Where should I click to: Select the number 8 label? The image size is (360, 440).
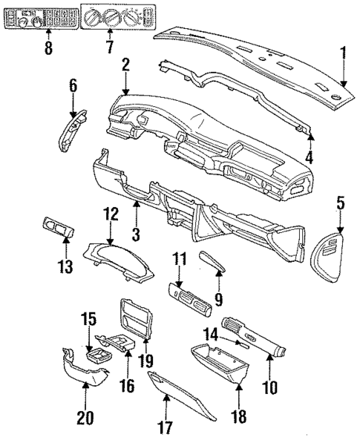point(48,50)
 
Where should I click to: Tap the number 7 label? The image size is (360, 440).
point(109,48)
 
